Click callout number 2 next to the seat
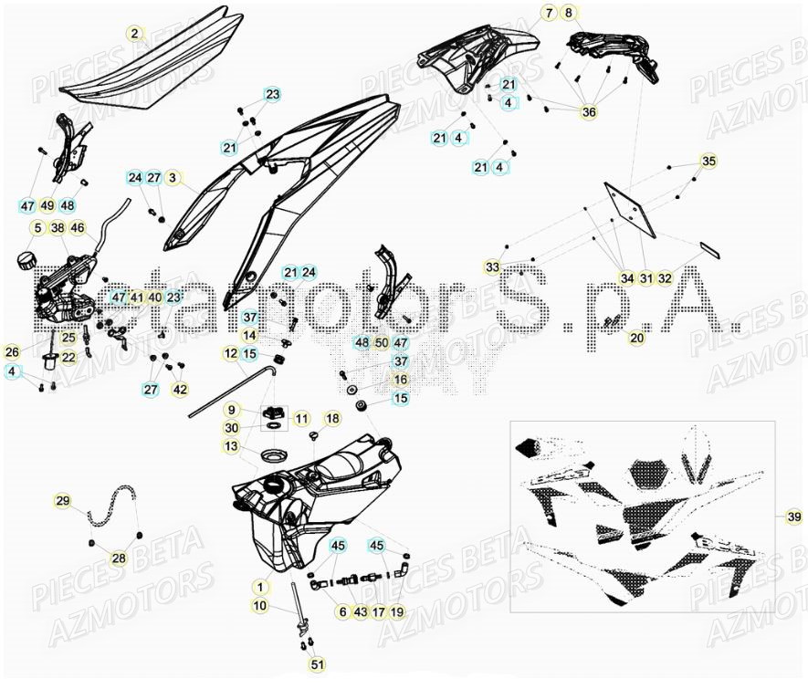134,35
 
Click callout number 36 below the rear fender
589,112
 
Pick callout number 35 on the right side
708,162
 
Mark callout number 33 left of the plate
492,266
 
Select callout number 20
636,338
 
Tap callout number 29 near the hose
62,501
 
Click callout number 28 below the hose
119,559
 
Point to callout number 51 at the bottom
316,666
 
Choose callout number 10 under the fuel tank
259,605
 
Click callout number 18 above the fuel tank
331,418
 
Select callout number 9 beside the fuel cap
232,410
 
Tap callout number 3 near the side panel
173,177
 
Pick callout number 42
180,390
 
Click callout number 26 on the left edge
12,351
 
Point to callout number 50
382,342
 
